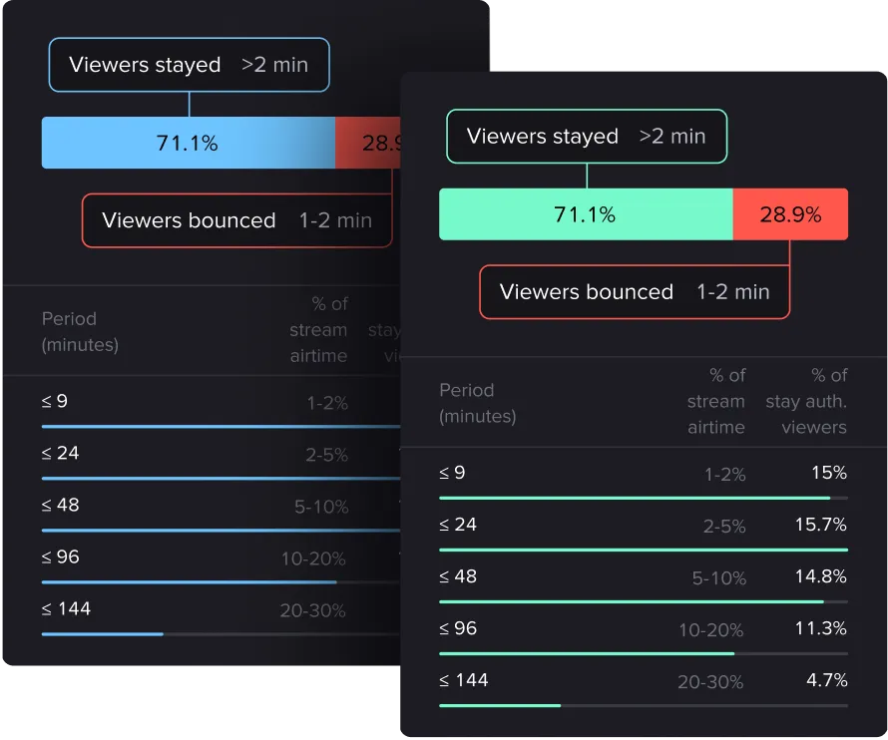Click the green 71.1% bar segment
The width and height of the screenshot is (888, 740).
586,214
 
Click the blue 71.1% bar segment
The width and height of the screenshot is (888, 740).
188,143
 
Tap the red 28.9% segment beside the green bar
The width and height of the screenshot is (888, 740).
790,214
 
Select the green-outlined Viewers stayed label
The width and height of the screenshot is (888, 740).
586,137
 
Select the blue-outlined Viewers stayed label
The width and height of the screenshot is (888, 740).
189,65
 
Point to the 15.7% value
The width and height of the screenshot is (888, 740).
820,525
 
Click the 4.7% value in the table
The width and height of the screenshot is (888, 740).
827,680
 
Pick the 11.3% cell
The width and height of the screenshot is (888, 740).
821,628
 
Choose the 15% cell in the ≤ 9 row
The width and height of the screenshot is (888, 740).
828,473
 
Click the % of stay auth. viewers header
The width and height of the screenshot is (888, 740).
806,401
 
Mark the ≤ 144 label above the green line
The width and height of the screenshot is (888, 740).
464,680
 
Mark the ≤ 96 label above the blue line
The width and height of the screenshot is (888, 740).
61,556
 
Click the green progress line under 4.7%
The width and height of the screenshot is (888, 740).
500,705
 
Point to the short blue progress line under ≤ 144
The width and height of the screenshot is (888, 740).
102,633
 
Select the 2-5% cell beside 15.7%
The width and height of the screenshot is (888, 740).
724,527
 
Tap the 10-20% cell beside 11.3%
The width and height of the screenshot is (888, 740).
710,630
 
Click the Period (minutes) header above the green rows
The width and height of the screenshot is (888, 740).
477,403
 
